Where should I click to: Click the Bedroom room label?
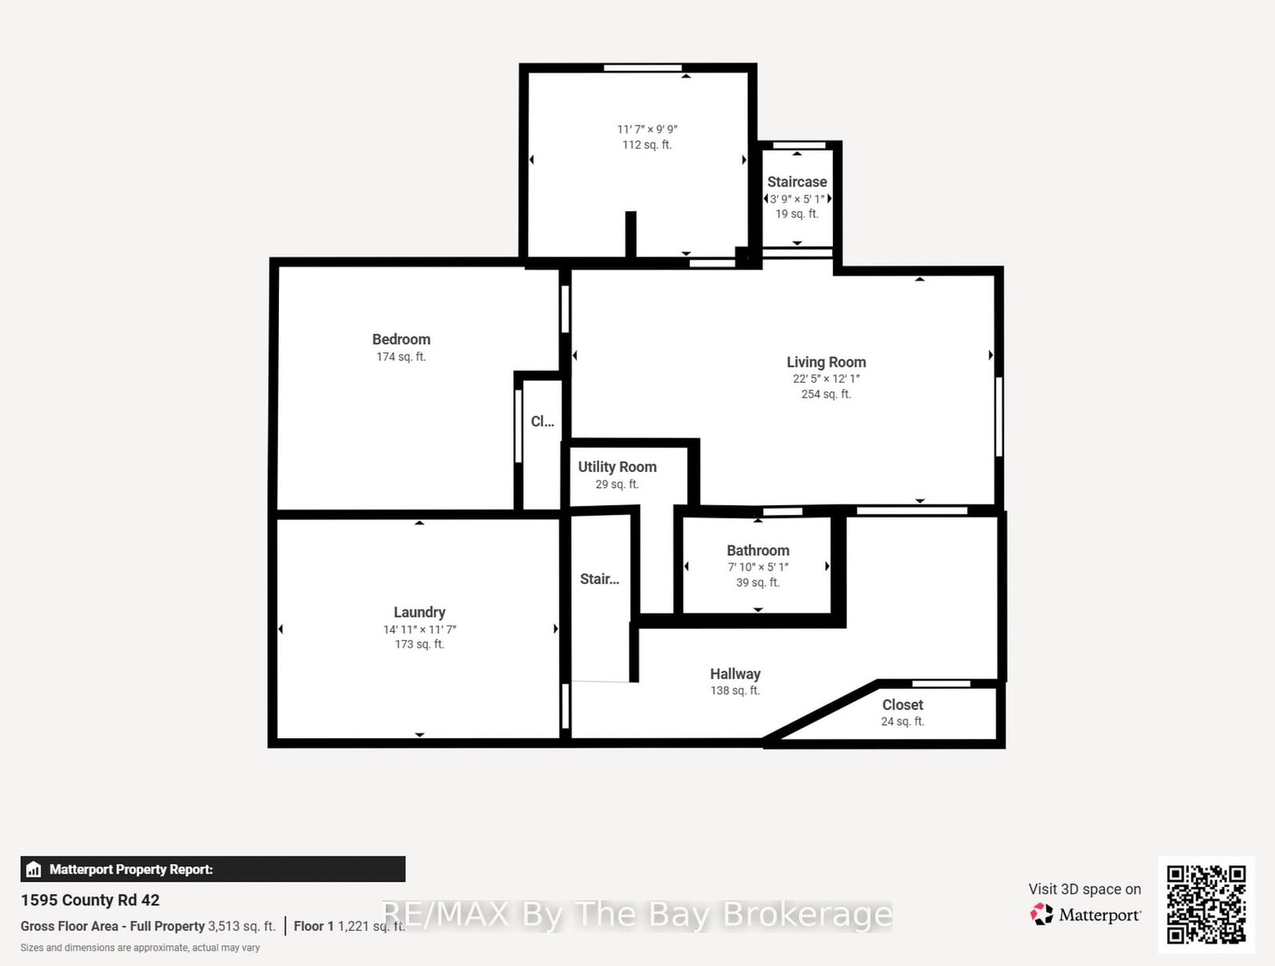401,340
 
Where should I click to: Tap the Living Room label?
826,362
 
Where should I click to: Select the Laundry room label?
419,612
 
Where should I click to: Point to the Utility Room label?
617,467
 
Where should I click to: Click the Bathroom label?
758,551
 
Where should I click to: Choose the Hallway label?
735,674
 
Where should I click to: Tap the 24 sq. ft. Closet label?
902,705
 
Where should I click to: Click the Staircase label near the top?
797,182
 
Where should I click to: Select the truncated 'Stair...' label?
599,579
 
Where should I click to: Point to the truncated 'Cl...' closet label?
542,422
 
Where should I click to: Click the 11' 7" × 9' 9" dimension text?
647,129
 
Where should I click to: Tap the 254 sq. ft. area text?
826,395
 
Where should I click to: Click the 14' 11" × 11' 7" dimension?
419,630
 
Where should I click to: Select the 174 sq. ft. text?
401,357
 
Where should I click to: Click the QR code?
1206,905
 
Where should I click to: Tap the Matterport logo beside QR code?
1085,915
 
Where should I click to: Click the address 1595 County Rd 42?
90,900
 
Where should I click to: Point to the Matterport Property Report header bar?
212,870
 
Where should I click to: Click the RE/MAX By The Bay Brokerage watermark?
637,914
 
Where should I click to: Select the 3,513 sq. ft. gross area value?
241,926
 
